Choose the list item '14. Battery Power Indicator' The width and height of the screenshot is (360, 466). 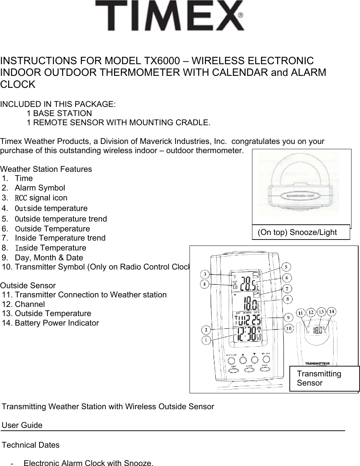(x=50, y=323)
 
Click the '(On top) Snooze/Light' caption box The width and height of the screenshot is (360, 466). (x=301, y=232)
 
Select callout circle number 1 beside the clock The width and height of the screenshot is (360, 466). (x=206, y=340)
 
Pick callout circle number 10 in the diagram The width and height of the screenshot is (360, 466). (x=289, y=328)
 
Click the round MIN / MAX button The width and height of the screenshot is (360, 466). (x=265, y=359)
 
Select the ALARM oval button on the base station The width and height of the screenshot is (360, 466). (x=249, y=369)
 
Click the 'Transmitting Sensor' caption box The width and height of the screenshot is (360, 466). (x=324, y=379)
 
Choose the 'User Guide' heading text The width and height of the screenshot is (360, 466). (x=22, y=425)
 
